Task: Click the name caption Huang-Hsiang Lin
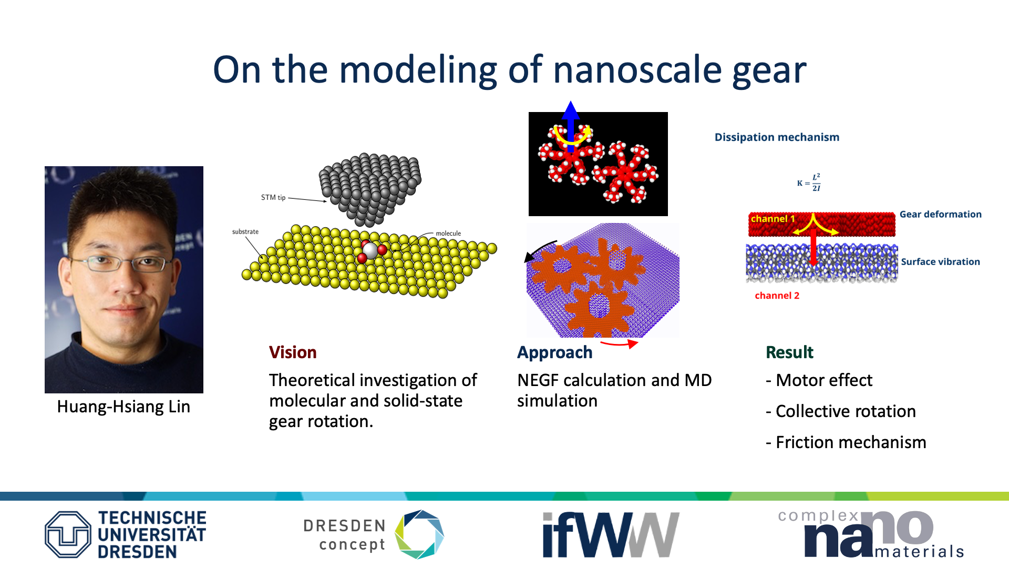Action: (123, 407)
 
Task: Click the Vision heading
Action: (293, 352)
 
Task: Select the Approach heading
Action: (555, 353)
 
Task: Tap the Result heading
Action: (789, 352)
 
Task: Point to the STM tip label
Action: (273, 198)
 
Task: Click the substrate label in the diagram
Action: (245, 231)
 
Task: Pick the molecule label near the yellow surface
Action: (448, 234)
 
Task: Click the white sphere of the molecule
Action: (370, 250)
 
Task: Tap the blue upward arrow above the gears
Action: (570, 126)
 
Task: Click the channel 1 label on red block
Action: (773, 219)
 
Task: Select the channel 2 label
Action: (777, 296)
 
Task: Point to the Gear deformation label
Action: (940, 215)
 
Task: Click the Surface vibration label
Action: (940, 262)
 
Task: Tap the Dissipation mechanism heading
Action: (777, 137)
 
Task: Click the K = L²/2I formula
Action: (809, 182)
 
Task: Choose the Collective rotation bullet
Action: (841, 411)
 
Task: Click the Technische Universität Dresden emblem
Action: (68, 534)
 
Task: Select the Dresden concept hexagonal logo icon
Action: (419, 534)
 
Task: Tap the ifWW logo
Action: (611, 534)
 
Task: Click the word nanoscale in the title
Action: (637, 69)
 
